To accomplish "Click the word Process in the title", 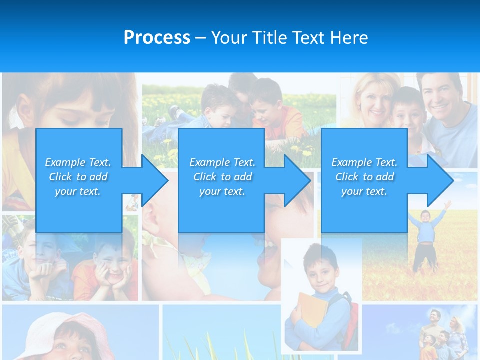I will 157,38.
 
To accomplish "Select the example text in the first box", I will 78,177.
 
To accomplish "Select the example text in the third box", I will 364,177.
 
